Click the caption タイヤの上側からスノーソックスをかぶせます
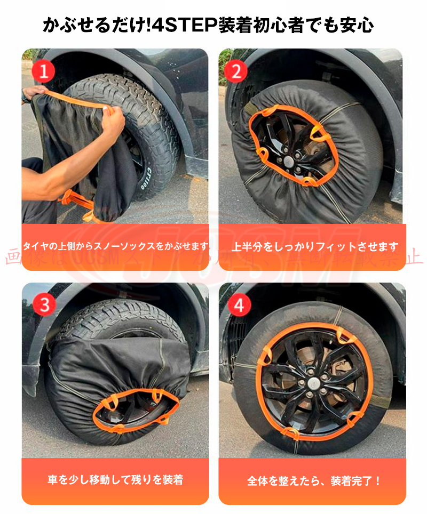115,246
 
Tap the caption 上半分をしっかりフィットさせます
315,247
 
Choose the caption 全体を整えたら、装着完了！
314,480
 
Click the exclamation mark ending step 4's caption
378,480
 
